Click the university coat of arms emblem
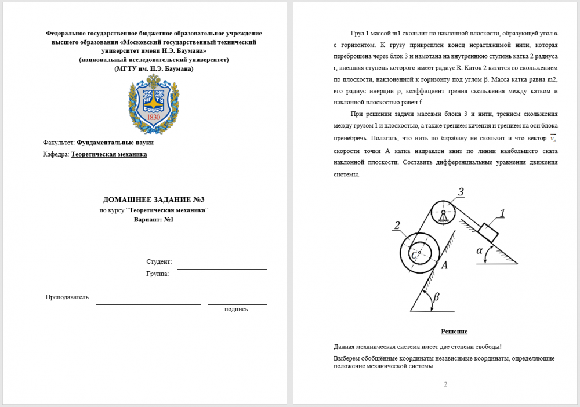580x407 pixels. [x=154, y=104]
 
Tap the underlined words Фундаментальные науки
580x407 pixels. [x=115, y=143]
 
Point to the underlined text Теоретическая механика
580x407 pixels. [x=109, y=154]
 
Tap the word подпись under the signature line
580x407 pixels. [x=236, y=309]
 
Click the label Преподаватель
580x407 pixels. [x=67, y=297]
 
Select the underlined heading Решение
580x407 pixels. [x=454, y=332]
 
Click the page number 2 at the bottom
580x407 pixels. [x=445, y=384]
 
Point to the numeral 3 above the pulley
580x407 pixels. [x=461, y=192]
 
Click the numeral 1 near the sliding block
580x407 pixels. [x=502, y=213]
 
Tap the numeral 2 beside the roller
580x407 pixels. [x=396, y=226]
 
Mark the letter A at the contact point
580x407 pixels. [x=444, y=265]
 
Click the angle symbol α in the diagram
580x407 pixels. [x=480, y=250]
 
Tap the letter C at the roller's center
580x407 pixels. [x=414, y=255]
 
